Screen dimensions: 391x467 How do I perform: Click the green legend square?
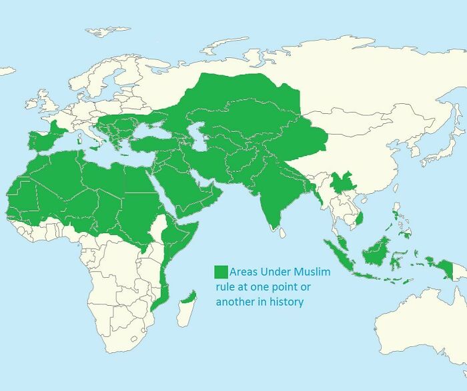[x=221, y=272]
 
